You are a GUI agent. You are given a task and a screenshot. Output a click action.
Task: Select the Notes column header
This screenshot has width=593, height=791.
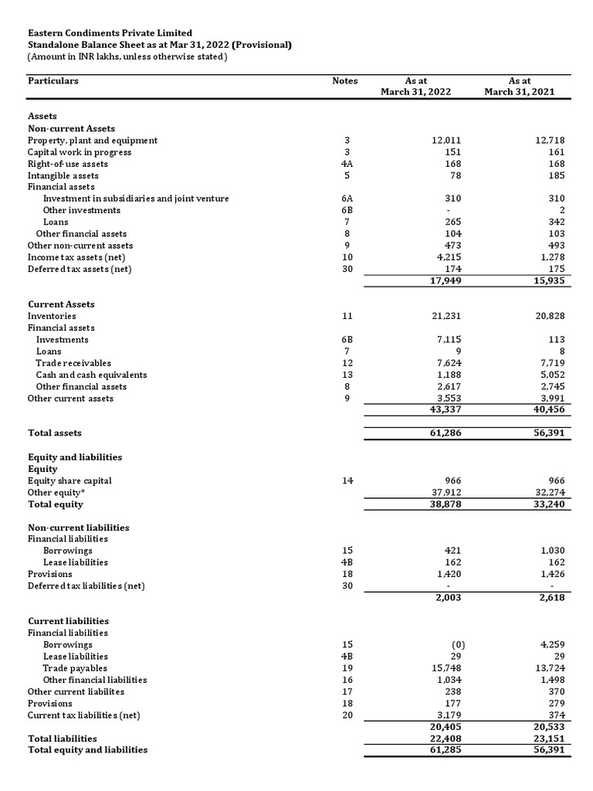[x=344, y=80]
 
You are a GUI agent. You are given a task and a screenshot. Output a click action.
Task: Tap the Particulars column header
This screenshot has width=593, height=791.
[x=53, y=80]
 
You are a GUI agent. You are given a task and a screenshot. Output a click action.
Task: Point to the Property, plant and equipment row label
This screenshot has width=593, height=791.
[x=93, y=141]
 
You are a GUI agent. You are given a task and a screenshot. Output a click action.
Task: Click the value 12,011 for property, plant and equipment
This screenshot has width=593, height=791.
[x=446, y=141]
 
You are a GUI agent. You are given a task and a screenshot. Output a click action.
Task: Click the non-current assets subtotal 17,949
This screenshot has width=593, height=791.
[x=446, y=280]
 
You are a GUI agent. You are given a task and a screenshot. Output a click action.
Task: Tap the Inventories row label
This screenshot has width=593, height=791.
[x=52, y=316]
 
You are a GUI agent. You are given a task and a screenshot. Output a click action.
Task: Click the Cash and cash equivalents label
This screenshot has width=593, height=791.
[x=91, y=375]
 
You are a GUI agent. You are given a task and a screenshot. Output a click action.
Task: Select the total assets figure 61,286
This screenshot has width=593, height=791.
[x=446, y=433]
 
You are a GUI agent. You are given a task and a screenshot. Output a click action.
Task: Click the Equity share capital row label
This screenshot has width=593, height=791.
[x=69, y=480]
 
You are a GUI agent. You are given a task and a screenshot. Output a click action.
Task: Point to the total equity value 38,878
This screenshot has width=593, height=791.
[x=446, y=504]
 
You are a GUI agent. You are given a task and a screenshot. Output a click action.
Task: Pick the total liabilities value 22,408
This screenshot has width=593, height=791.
[x=446, y=738]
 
